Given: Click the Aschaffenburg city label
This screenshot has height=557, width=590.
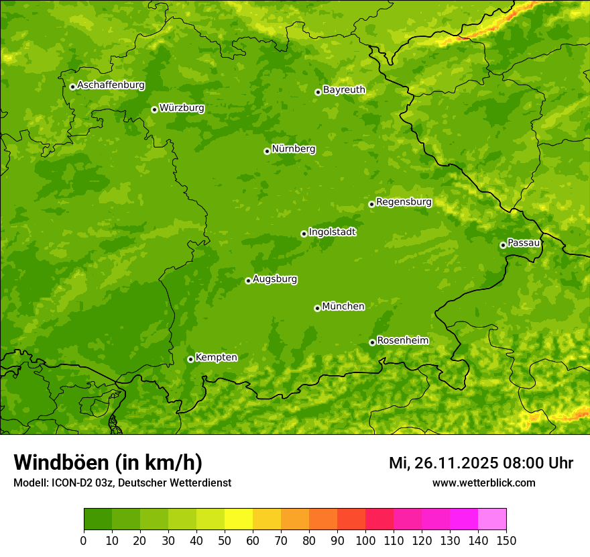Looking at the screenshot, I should click(x=111, y=85).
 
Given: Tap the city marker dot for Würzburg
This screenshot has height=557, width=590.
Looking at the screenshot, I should click(x=154, y=109).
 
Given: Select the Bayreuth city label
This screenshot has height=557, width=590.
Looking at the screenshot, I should click(x=344, y=90).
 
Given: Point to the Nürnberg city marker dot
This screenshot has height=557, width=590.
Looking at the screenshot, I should click(x=267, y=151).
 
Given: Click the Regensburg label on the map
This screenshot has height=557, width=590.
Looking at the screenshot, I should click(x=404, y=202).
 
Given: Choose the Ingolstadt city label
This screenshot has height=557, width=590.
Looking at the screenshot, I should click(x=332, y=232).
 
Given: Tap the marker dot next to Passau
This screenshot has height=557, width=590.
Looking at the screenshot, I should click(x=503, y=245).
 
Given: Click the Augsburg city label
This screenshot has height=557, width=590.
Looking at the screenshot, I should click(x=275, y=279).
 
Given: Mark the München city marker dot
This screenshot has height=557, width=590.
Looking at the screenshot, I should click(x=317, y=308).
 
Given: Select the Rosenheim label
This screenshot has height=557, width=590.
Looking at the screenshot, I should click(x=402, y=341).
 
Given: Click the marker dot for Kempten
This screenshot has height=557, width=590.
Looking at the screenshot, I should click(x=190, y=359).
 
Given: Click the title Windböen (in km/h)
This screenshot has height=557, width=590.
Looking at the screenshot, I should click(x=107, y=463).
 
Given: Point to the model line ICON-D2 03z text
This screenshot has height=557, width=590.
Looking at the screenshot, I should click(x=122, y=483).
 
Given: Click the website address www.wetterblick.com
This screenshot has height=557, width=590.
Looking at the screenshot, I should click(x=483, y=483).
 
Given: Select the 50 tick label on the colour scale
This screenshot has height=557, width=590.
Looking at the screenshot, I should click(x=225, y=540).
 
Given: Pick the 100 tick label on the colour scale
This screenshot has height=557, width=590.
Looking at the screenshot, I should click(x=365, y=540).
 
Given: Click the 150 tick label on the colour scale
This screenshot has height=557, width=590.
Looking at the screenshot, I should click(x=506, y=540).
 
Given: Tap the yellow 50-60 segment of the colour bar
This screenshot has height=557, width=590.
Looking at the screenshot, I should click(x=239, y=519).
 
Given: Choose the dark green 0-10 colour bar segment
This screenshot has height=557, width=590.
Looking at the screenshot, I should click(x=98, y=519).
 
